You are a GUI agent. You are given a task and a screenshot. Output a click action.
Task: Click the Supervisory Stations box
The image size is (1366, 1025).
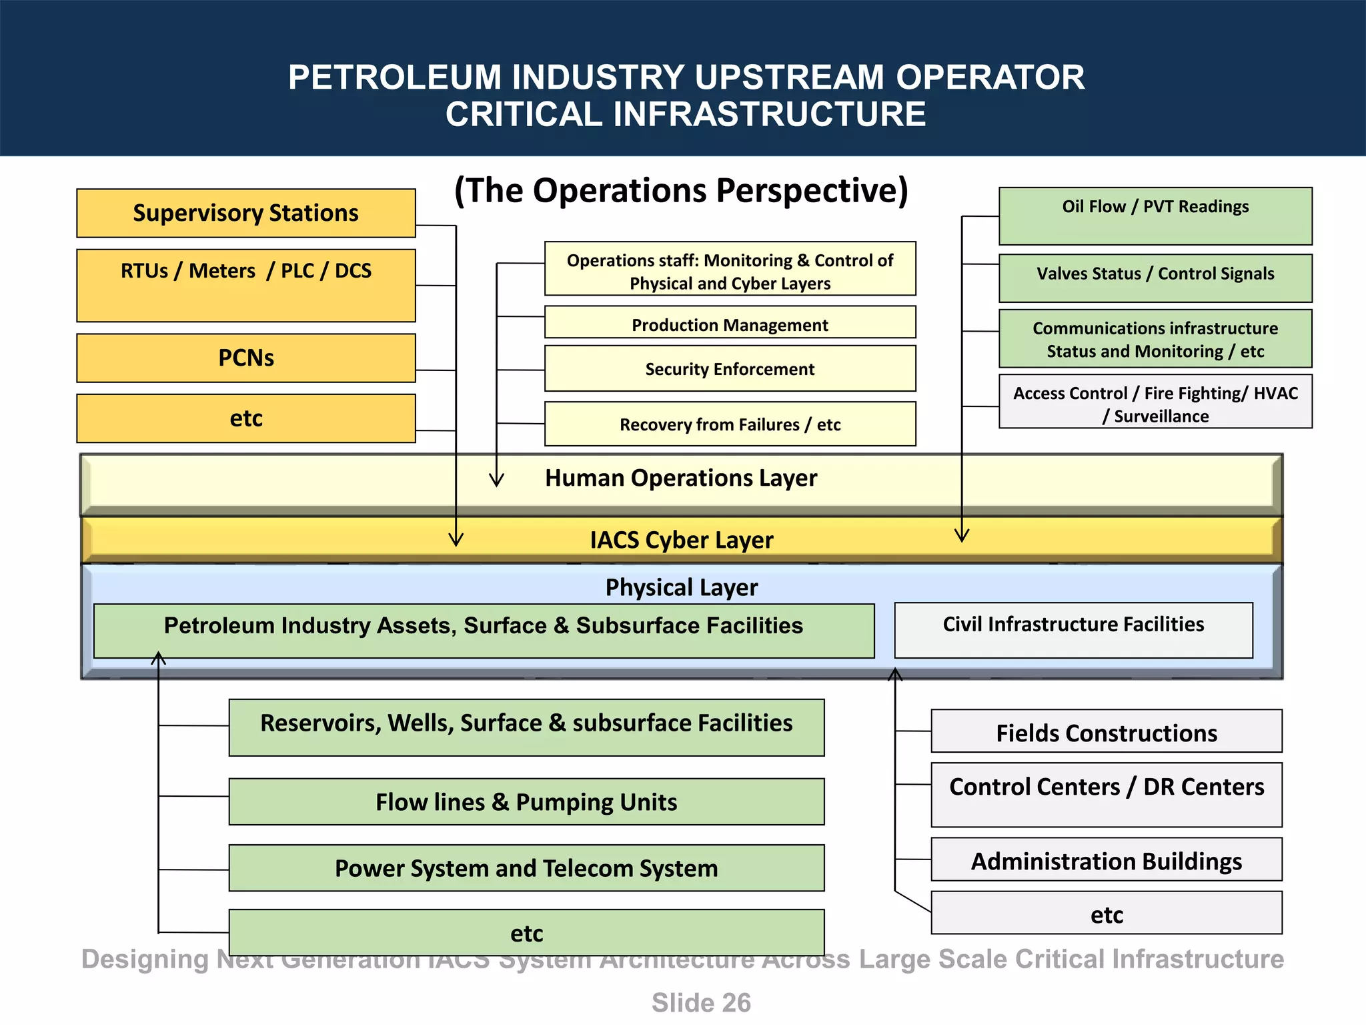click(245, 213)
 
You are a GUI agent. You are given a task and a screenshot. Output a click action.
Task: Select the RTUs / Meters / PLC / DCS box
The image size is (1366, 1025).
click(245, 285)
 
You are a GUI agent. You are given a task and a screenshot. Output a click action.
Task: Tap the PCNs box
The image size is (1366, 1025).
click(245, 358)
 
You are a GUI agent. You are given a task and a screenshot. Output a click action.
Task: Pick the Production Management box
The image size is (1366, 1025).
click(730, 324)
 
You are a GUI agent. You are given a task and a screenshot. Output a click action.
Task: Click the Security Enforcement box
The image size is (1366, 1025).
click(730, 368)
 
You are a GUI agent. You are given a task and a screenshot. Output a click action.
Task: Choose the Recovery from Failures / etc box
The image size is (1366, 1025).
click(730, 424)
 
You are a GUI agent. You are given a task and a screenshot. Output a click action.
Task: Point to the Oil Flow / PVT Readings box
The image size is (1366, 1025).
click(1155, 216)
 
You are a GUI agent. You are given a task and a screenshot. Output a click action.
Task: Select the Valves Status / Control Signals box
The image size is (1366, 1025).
click(1155, 277)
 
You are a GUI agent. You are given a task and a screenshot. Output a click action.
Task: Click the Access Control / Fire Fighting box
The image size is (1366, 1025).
click(1155, 402)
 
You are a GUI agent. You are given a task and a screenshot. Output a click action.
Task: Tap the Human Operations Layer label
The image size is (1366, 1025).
click(680, 478)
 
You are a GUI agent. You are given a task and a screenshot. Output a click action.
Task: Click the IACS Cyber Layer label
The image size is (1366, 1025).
click(681, 540)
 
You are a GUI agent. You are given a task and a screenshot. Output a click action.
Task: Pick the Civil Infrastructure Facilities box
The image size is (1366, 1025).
click(1073, 629)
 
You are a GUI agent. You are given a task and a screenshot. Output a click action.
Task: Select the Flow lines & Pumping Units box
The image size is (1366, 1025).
click(526, 801)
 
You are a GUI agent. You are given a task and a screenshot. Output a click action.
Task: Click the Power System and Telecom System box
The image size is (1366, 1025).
click(526, 868)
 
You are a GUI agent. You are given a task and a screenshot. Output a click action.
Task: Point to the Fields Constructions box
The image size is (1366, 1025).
click(1106, 732)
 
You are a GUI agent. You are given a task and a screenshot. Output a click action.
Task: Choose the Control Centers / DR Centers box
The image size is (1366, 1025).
click(1106, 794)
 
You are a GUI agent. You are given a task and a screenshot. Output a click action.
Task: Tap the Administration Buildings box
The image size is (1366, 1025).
click(1106, 860)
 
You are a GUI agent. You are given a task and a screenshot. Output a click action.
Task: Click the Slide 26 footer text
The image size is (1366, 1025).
click(700, 1003)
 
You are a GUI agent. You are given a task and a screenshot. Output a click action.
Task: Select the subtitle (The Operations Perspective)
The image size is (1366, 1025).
click(681, 191)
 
